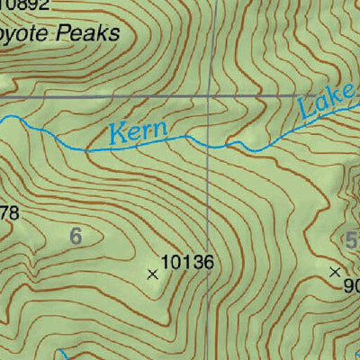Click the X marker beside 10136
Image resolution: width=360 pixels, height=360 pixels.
(151, 274)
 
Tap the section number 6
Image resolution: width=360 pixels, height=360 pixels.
(76, 237)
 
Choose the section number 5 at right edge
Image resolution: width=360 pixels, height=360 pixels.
(351, 239)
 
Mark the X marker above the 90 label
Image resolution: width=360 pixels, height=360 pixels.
(336, 271)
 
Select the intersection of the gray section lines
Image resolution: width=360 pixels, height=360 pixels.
(210, 94)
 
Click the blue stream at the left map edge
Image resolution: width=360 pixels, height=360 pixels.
(3, 118)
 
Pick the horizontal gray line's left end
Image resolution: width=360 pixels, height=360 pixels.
(2, 94)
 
